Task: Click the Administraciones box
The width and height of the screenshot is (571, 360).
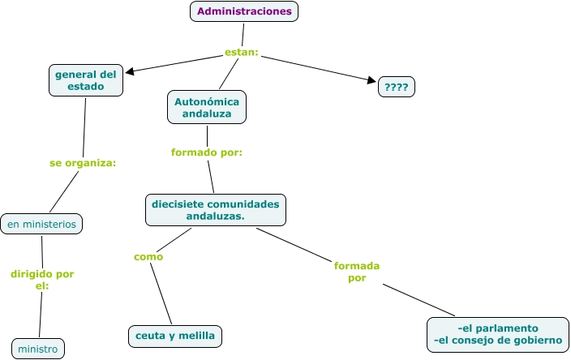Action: [244, 11]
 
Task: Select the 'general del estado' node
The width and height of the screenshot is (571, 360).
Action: [86, 80]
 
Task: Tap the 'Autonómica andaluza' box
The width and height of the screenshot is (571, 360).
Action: [207, 107]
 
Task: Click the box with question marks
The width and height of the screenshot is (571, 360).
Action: [397, 87]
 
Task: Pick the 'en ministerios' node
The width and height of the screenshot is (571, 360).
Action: [41, 224]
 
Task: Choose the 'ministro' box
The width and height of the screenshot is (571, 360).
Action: [38, 349]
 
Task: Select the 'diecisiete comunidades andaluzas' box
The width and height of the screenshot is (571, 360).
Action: [216, 210]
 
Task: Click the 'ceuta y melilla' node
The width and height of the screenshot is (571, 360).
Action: [175, 336]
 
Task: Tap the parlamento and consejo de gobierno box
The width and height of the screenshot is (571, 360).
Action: [498, 335]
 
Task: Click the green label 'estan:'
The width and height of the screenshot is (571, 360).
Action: [242, 53]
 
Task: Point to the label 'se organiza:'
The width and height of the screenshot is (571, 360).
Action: [83, 163]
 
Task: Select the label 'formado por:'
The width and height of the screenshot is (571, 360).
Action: [207, 152]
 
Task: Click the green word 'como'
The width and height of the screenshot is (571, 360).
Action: [148, 257]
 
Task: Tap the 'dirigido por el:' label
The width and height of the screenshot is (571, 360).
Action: [42, 280]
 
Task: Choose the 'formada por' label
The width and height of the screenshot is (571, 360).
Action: [357, 272]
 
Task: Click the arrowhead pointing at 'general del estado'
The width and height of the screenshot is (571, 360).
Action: [130, 71]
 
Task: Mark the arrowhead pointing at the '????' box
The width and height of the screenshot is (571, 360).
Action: [371, 80]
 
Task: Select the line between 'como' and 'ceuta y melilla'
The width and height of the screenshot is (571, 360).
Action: [161, 294]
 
